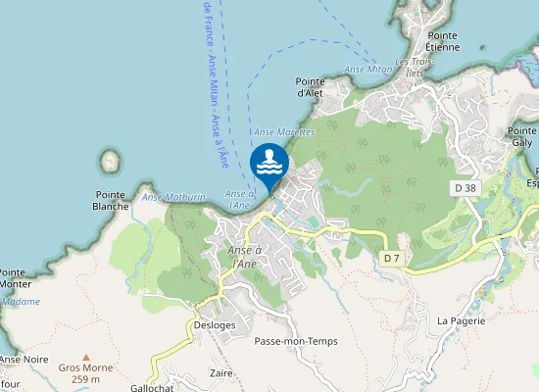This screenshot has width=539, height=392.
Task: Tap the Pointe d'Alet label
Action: pos(309,87)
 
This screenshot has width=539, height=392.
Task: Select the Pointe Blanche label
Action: pos(111,200)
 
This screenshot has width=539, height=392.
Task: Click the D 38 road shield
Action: pos(465,186)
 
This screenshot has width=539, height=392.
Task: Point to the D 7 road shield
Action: pos(391,257)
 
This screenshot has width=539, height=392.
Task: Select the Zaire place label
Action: pos(221,373)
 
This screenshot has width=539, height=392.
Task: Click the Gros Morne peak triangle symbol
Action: pos(85,358)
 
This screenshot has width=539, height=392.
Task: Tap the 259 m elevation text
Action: pos(86,379)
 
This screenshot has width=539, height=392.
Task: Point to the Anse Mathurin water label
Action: pos(173,197)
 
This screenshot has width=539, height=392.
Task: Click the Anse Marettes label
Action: pos(283,131)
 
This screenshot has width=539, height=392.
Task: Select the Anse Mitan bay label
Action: pos(368,70)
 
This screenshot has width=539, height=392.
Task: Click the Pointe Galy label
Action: pos(521,136)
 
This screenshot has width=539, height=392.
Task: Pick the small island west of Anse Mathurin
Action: pos(109,161)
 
